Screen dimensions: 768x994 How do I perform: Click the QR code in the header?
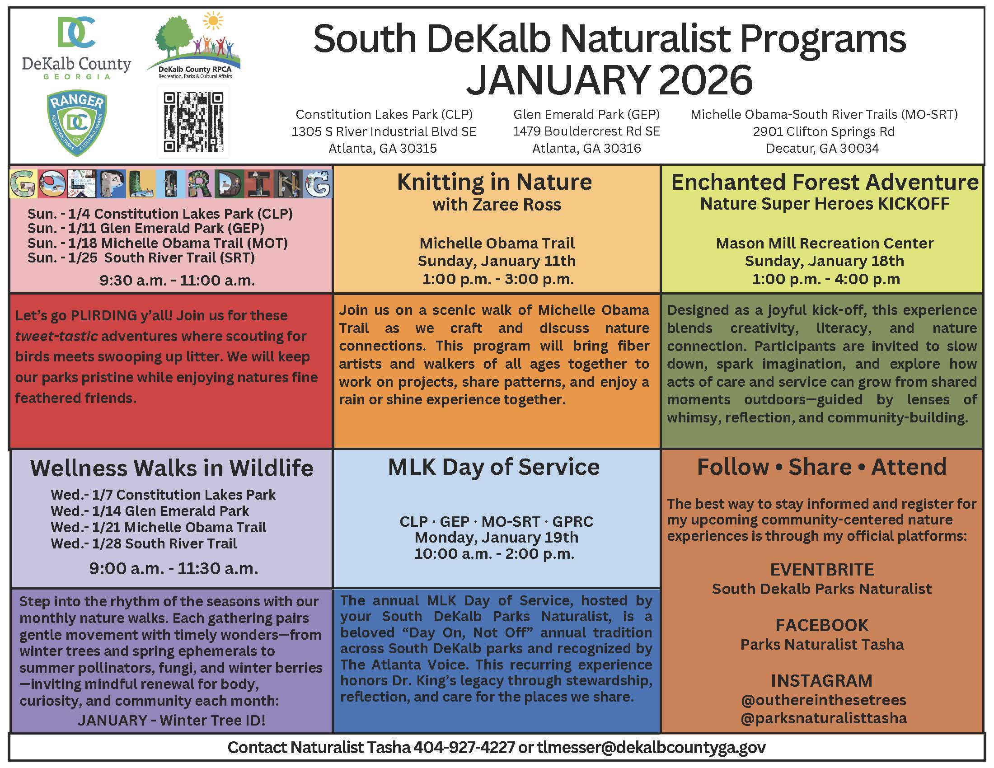coord(193,122)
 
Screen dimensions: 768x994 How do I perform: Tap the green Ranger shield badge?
coord(77,123)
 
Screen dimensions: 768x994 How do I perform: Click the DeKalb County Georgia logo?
coord(76,48)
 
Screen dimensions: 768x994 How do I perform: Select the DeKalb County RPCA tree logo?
coord(194,46)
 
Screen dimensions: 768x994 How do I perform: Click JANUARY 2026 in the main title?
coord(609,80)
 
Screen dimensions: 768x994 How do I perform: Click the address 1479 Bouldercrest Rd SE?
coord(586,131)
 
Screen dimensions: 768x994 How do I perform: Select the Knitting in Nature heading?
coord(495,182)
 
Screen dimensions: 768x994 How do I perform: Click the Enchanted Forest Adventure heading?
coord(824,182)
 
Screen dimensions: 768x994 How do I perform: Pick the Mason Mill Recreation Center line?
coord(824,244)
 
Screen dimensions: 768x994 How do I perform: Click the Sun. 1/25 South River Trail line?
coord(141,258)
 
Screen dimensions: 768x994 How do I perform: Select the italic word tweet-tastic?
coord(56,336)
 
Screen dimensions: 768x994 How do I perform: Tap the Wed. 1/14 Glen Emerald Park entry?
coord(150,511)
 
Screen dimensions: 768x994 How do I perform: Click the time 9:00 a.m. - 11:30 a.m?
coord(173,568)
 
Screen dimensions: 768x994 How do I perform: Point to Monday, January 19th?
coord(496,537)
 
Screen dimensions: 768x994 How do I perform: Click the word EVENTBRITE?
coord(821,570)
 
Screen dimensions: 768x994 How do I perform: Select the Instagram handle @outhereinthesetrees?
coord(823,700)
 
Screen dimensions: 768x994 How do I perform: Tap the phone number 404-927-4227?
coord(464,747)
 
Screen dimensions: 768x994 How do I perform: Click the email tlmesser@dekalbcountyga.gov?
coord(651,747)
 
